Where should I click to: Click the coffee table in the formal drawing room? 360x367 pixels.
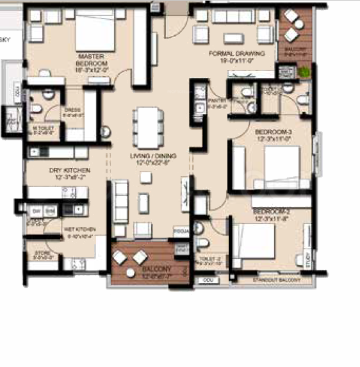pyautogui.click(x=232, y=35)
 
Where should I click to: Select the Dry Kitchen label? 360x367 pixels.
pyautogui.click(x=70, y=173)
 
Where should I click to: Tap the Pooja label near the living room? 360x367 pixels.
pyautogui.click(x=180, y=231)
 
